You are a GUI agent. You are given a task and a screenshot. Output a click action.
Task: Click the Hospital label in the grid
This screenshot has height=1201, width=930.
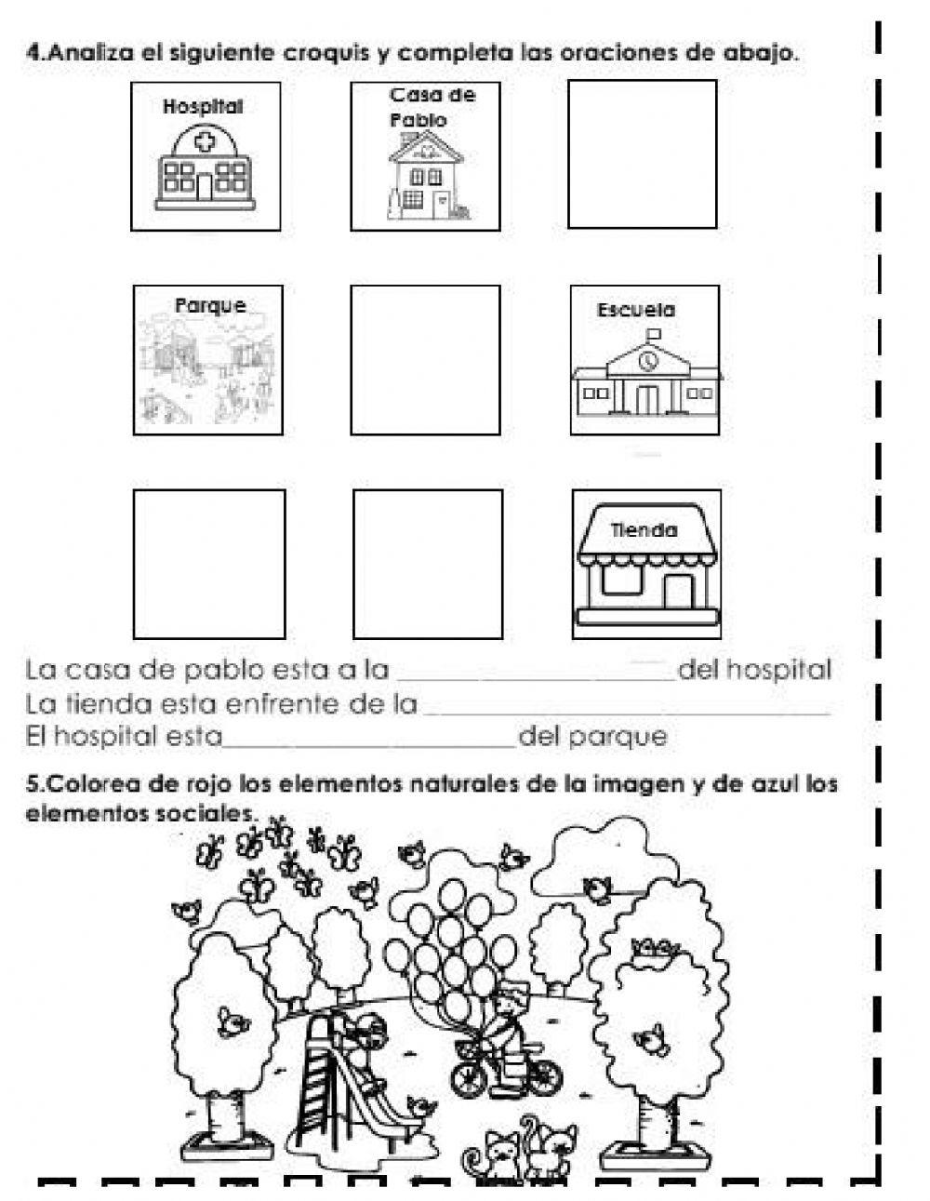coord(203,107)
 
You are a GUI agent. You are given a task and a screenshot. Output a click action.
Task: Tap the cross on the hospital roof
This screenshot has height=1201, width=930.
coord(204,141)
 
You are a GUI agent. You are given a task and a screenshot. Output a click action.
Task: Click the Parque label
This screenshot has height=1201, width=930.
coord(211,305)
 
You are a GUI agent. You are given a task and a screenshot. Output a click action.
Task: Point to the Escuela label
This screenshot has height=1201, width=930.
coord(636,310)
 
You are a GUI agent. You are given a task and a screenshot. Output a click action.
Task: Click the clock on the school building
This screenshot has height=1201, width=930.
coord(647,358)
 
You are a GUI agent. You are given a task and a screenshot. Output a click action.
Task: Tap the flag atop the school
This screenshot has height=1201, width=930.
coord(652,333)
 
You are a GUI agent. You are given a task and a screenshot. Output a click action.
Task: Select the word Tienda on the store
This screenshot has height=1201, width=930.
coord(644,531)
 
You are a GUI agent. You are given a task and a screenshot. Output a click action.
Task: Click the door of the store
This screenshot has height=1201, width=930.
coord(678,590)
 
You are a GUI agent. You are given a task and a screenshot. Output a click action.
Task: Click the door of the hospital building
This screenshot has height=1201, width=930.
coord(204,186)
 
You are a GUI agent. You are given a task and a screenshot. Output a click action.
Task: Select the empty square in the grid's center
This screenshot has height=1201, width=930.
coord(425,360)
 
